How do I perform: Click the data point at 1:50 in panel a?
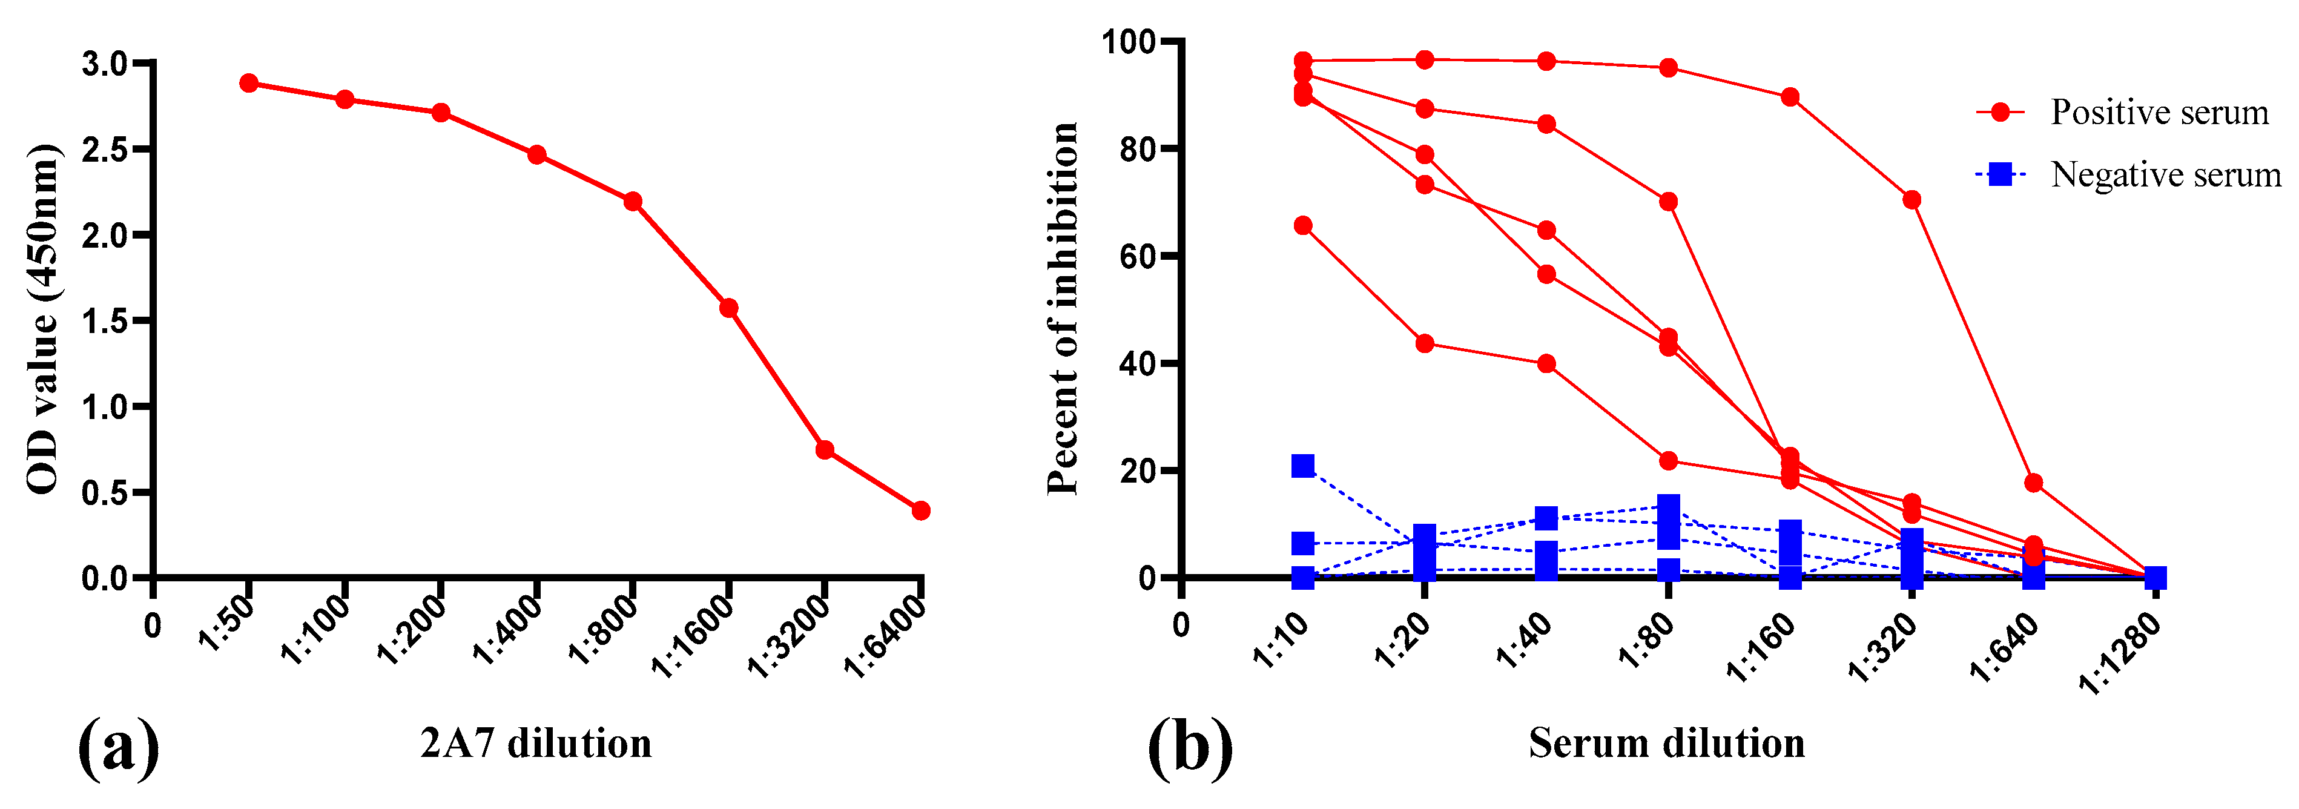pos(249,83)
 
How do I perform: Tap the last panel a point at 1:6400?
pos(921,510)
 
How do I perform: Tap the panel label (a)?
pos(119,747)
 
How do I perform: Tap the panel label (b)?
pos(1190,747)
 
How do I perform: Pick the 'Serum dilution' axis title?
pos(1666,743)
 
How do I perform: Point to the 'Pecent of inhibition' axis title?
pos(1062,309)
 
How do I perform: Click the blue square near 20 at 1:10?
pos(1303,465)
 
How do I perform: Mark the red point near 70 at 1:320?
pos(1911,199)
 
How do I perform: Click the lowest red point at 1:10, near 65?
pos(1303,225)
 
